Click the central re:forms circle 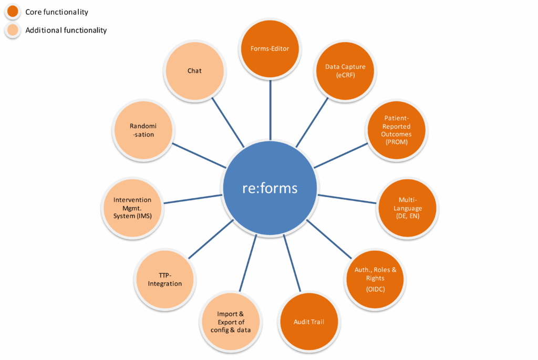(x=270, y=188)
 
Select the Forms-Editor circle (x=270, y=49)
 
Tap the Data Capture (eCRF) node (x=342, y=71)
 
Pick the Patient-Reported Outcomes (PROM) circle (x=397, y=130)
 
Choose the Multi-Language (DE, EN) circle (x=409, y=208)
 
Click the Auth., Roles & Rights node (x=376, y=277)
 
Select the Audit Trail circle (x=309, y=322)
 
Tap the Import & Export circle (x=231, y=322)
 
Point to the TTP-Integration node (x=164, y=279)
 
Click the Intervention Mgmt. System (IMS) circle (x=132, y=208)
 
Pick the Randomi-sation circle (x=142, y=130)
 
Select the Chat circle (x=194, y=71)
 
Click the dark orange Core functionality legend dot (x=12, y=12)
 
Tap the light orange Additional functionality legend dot (x=12, y=30)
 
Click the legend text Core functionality (x=57, y=12)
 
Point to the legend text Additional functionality (x=66, y=30)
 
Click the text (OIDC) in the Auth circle (x=375, y=289)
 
